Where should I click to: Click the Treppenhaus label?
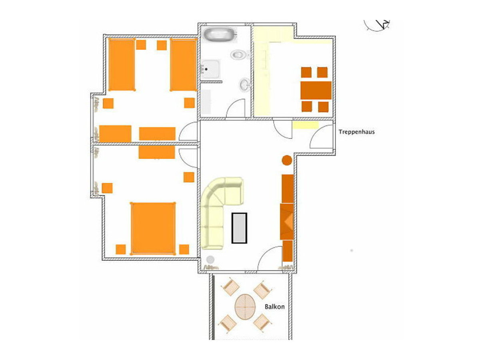(x=356, y=132)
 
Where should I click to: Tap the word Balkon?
(x=275, y=307)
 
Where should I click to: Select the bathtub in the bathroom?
(x=220, y=34)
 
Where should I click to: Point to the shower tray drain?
(x=206, y=69)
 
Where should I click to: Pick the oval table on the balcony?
(x=245, y=307)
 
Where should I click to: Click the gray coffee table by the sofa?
(x=239, y=228)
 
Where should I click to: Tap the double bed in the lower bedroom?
(x=153, y=228)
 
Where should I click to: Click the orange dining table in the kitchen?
(x=316, y=90)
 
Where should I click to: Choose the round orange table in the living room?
(x=287, y=160)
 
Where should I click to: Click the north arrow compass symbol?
(x=377, y=25)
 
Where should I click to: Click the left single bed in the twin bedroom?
(x=122, y=64)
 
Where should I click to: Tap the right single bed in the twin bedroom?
(x=183, y=64)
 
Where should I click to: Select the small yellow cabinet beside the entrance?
(x=306, y=125)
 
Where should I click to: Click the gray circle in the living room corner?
(x=210, y=260)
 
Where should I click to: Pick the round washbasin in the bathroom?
(x=244, y=84)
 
